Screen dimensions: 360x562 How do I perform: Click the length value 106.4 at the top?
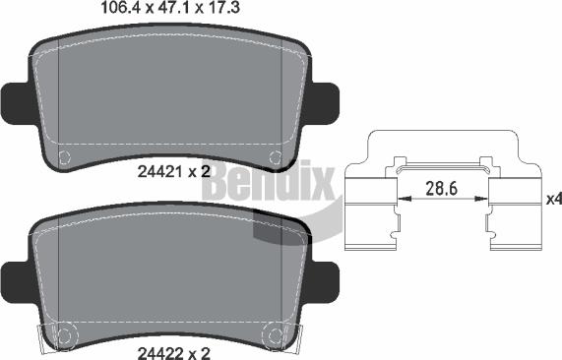[x=122, y=10]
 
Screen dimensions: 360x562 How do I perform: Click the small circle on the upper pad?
[x=66, y=156]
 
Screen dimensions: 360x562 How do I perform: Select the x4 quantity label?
[x=552, y=199]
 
